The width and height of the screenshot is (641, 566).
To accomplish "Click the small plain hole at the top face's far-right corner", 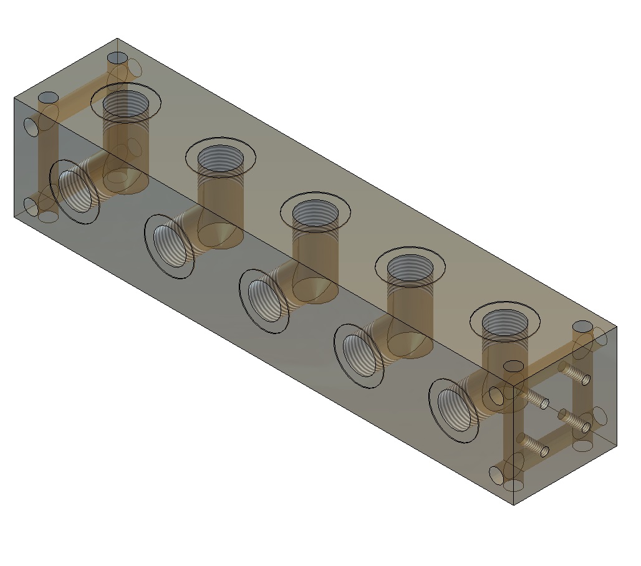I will [582, 327].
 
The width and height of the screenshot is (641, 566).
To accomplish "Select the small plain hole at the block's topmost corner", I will [116, 58].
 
